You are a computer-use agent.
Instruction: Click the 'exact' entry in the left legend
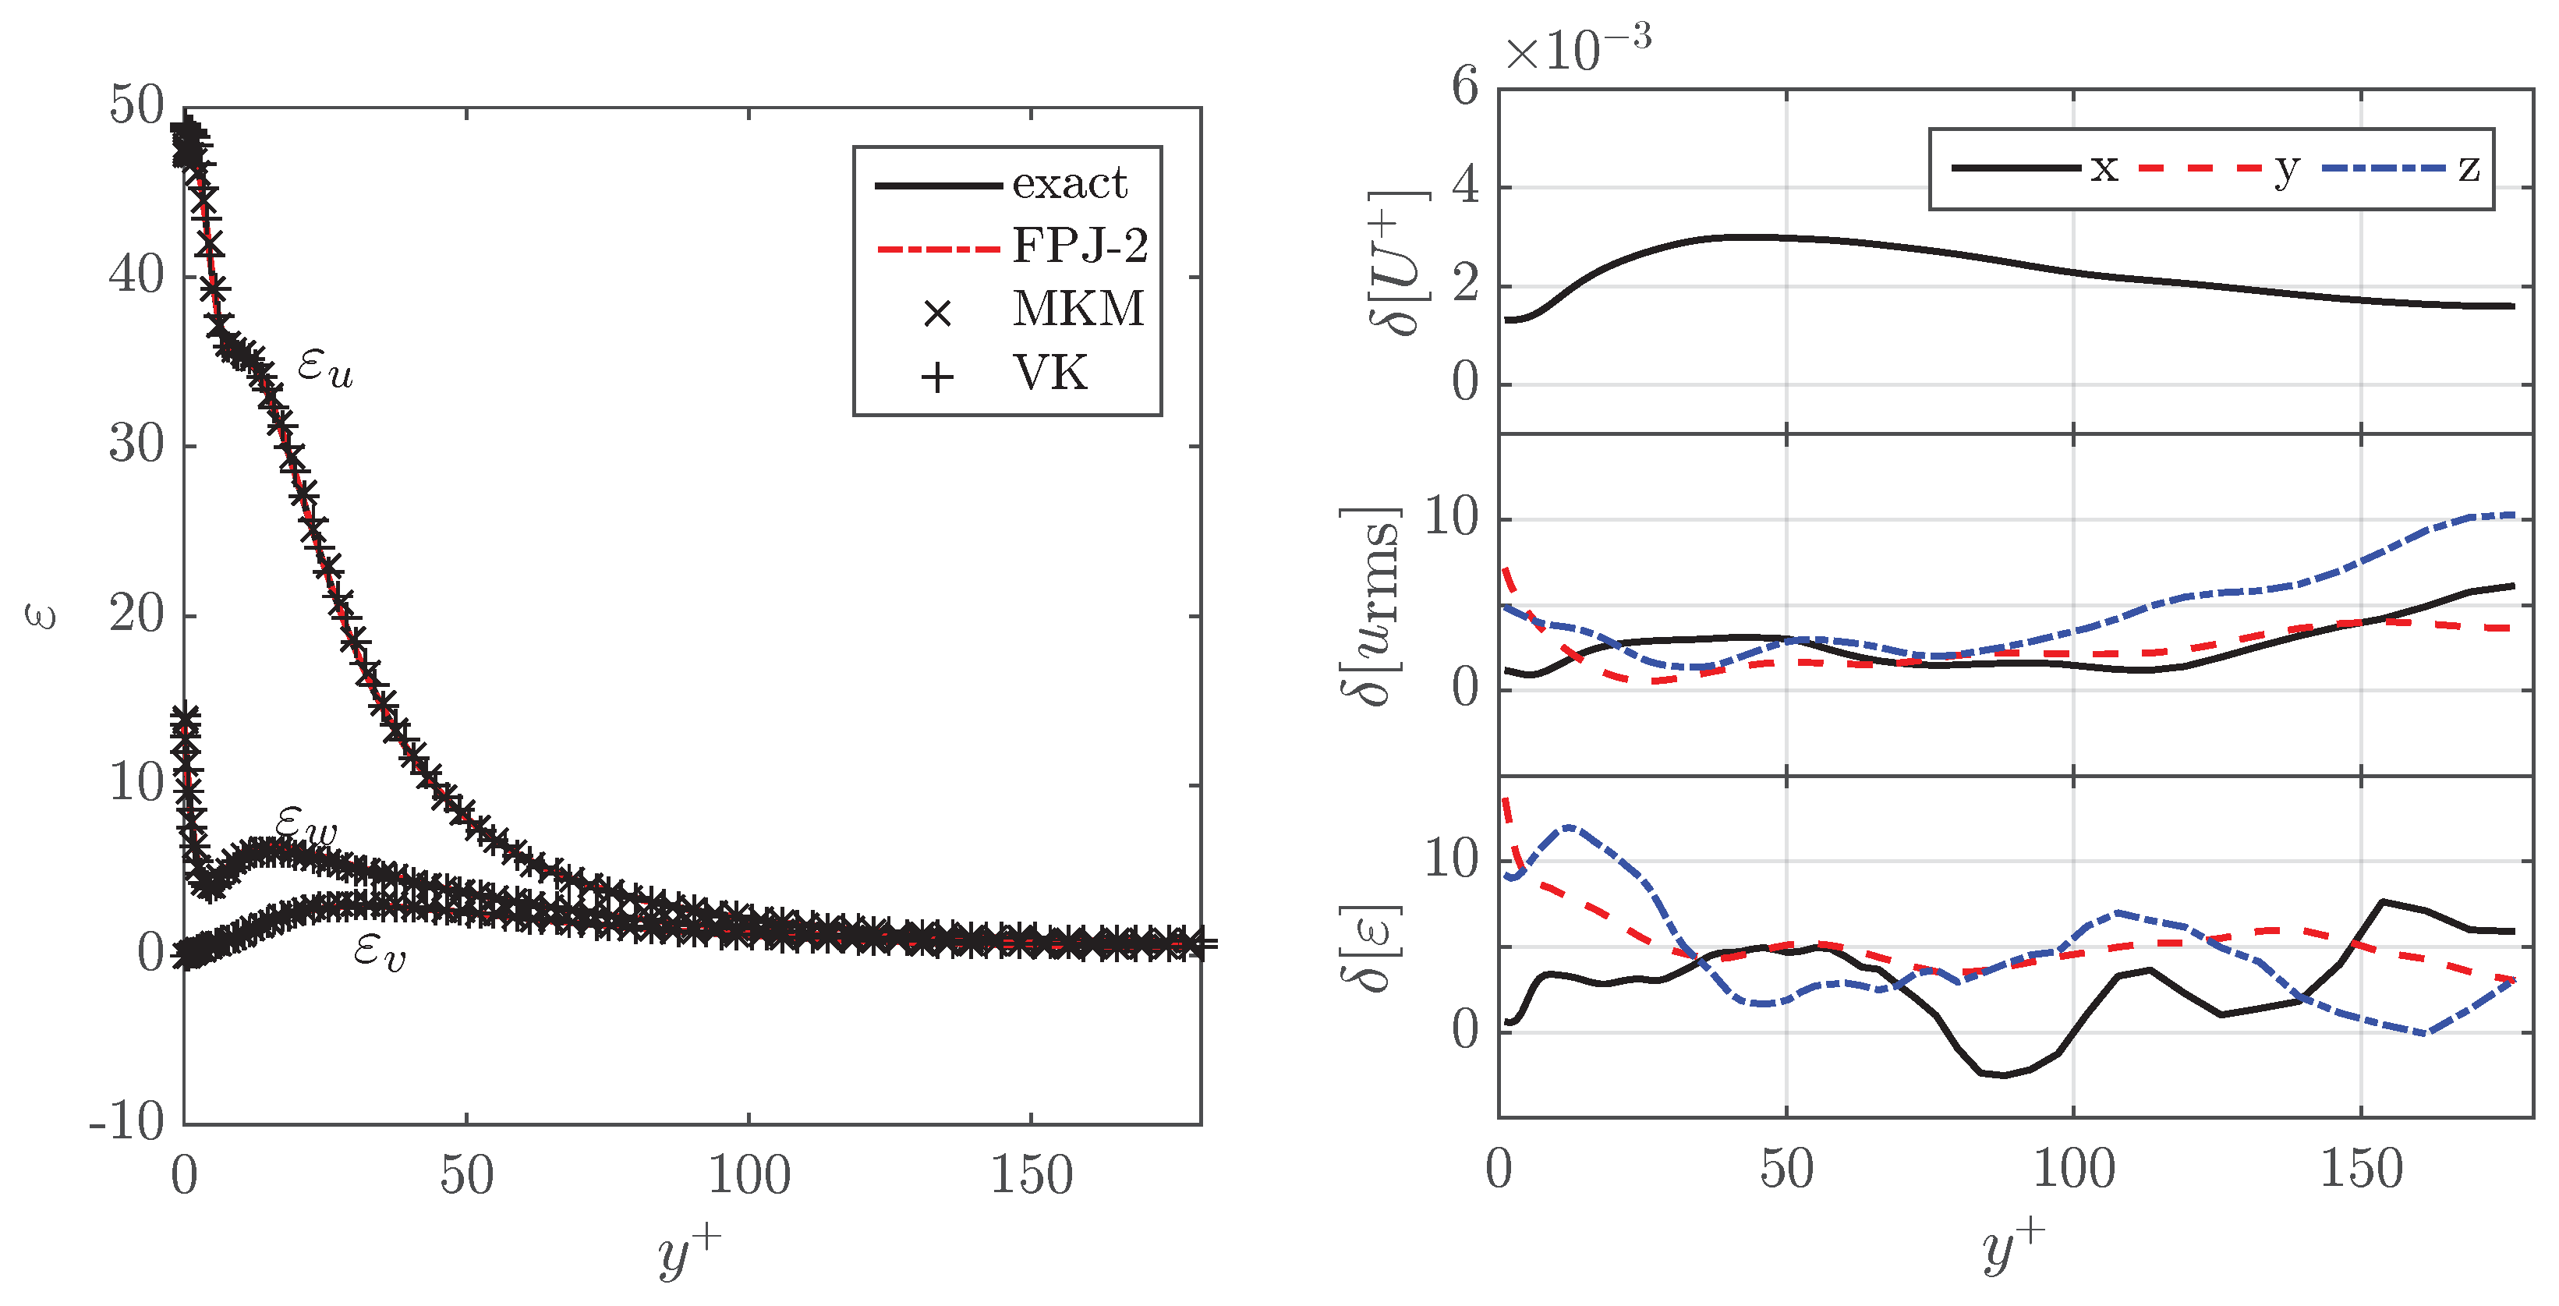click(x=1069, y=184)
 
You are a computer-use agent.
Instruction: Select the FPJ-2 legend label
click(x=1080, y=246)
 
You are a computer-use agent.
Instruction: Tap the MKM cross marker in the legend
click(x=936, y=313)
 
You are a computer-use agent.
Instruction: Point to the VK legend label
click(x=1050, y=373)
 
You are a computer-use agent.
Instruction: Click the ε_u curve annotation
click(x=326, y=369)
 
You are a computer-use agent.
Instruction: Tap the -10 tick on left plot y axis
click(x=126, y=1122)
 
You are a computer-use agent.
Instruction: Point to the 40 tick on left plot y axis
click(x=136, y=275)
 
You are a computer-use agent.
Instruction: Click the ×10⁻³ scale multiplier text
click(x=1577, y=47)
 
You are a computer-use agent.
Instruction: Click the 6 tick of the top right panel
click(x=1465, y=87)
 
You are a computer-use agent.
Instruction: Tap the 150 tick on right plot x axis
click(x=2360, y=1170)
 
